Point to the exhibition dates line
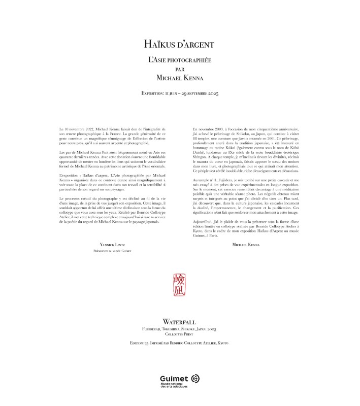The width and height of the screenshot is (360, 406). point(180,94)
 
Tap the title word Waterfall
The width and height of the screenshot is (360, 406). point(180,322)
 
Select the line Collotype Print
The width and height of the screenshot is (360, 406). point(180,334)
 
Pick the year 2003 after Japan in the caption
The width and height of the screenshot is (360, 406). point(211,329)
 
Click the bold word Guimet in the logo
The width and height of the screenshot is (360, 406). point(173,378)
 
